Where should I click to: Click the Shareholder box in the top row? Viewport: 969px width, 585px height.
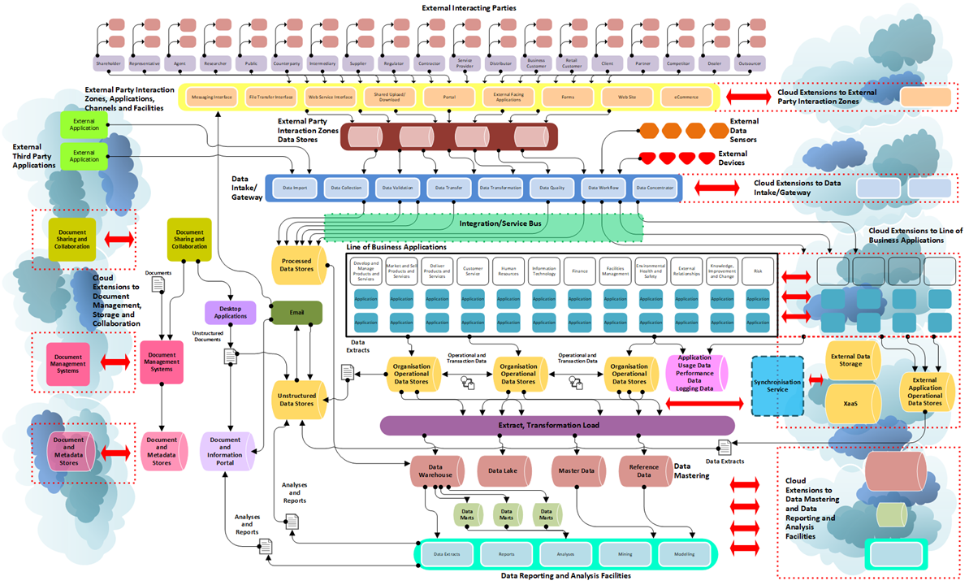[108, 62]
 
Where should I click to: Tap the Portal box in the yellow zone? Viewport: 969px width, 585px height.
[449, 97]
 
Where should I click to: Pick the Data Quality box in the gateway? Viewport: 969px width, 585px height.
[552, 188]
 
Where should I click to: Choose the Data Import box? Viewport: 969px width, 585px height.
[295, 188]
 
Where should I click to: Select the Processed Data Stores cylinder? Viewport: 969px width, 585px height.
[296, 265]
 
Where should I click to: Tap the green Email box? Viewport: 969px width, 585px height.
[296, 313]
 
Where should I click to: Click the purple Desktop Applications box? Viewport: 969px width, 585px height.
[231, 312]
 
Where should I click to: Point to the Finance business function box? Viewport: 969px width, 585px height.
[579, 271]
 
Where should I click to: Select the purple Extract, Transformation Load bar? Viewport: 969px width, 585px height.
[557, 426]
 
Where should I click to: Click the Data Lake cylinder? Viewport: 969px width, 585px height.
[504, 470]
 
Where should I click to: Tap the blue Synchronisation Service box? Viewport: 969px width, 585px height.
[777, 386]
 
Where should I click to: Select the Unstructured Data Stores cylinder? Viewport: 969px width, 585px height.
[296, 398]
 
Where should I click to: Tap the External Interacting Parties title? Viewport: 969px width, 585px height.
[474, 7]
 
